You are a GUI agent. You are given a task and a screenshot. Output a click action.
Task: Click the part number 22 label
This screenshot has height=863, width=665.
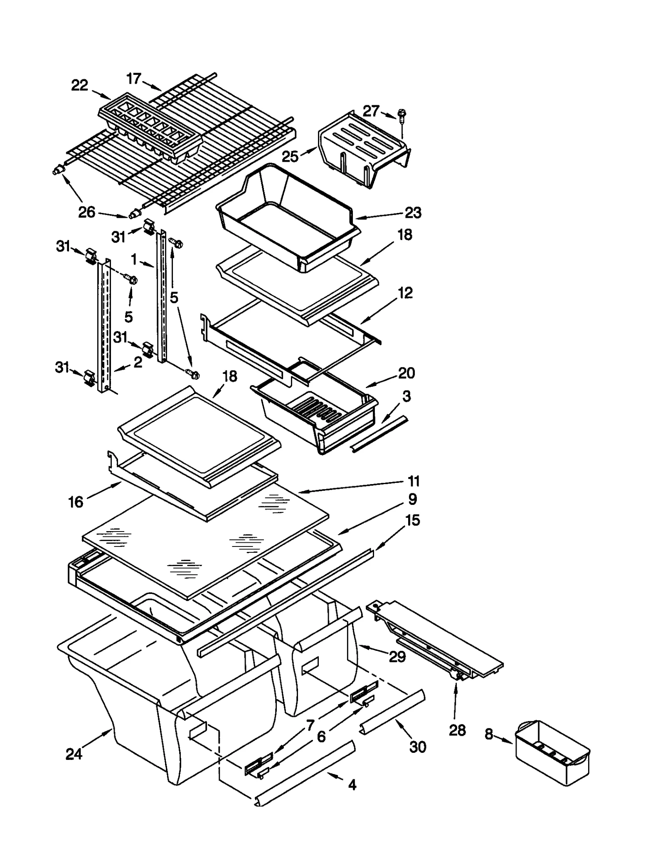tap(80, 85)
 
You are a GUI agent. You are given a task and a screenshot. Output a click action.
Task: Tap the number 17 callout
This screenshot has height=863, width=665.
tap(134, 78)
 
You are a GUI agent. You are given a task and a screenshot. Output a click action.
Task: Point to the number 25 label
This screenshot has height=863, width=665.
tap(290, 156)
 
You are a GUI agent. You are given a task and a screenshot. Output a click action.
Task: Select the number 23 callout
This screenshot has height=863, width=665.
tap(413, 213)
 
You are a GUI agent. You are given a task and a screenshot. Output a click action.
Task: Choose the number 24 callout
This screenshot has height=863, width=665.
tap(74, 754)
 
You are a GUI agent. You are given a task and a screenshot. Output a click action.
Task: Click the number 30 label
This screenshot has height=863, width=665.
tap(418, 747)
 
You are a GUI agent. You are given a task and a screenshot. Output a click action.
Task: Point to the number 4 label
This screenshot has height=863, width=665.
tap(352, 785)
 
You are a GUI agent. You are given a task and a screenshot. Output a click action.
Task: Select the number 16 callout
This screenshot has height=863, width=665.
tap(76, 502)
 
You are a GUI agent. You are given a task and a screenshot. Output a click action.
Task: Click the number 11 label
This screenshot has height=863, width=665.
tap(413, 481)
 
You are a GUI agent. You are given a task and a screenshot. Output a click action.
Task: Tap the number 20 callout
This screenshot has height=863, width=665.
tap(406, 373)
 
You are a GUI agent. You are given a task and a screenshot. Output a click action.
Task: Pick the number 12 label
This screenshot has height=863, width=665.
tap(405, 293)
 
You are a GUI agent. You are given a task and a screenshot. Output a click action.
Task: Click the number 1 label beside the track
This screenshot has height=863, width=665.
tap(134, 260)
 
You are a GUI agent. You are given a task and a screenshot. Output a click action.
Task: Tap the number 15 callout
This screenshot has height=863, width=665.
tap(412, 520)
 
